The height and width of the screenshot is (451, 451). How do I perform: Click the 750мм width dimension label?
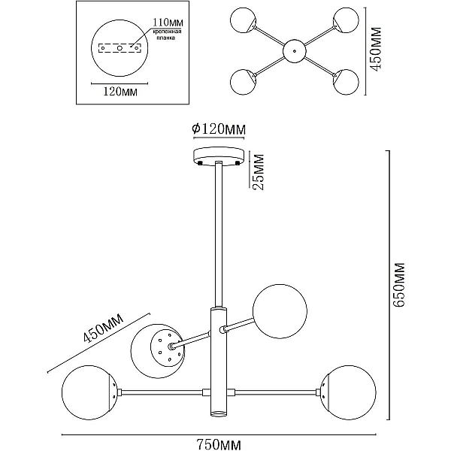[x=219, y=444]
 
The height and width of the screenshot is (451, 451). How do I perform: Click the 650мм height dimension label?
[x=399, y=285]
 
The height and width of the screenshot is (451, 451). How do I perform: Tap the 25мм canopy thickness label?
[x=258, y=171]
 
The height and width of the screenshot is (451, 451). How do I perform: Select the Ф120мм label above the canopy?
[x=219, y=129]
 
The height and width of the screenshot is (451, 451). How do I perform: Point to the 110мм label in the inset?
[x=168, y=22]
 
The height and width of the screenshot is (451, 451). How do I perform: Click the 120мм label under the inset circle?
[x=120, y=92]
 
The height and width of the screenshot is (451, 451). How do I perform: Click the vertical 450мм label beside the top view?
[x=375, y=49]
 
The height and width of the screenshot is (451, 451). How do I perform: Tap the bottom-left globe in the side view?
[x=89, y=392]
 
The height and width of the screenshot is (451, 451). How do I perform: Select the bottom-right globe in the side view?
[x=348, y=392]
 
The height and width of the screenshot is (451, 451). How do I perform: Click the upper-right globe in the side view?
[x=280, y=311]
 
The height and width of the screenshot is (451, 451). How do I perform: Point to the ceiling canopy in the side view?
[x=219, y=156]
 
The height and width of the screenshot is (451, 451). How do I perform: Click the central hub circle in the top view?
[x=295, y=51]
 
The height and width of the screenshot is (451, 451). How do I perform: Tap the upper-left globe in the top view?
[x=243, y=20]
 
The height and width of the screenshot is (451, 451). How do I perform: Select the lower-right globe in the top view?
[x=346, y=82]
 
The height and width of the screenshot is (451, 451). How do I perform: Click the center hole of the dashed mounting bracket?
[x=120, y=48]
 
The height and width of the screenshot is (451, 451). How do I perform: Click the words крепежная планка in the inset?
[x=167, y=35]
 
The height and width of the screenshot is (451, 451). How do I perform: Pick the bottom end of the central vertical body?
[x=219, y=415]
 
